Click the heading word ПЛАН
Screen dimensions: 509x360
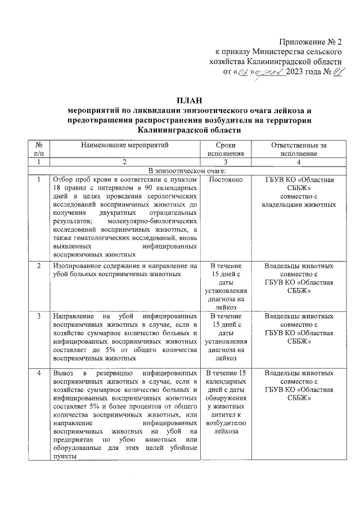coord(180,100)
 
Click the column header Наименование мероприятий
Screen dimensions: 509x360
coord(124,145)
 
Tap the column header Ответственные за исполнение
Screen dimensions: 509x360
coord(299,149)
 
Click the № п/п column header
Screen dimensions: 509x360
coord(38,149)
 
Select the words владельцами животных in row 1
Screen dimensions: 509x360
coord(299,205)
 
